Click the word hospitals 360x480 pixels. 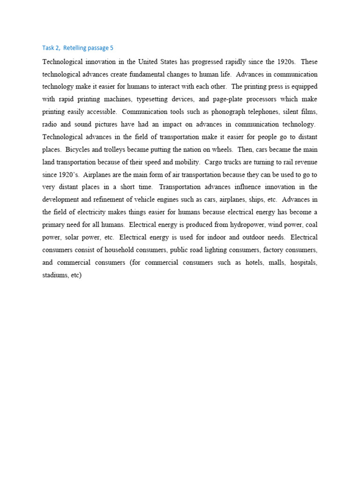pyautogui.click(x=304, y=262)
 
